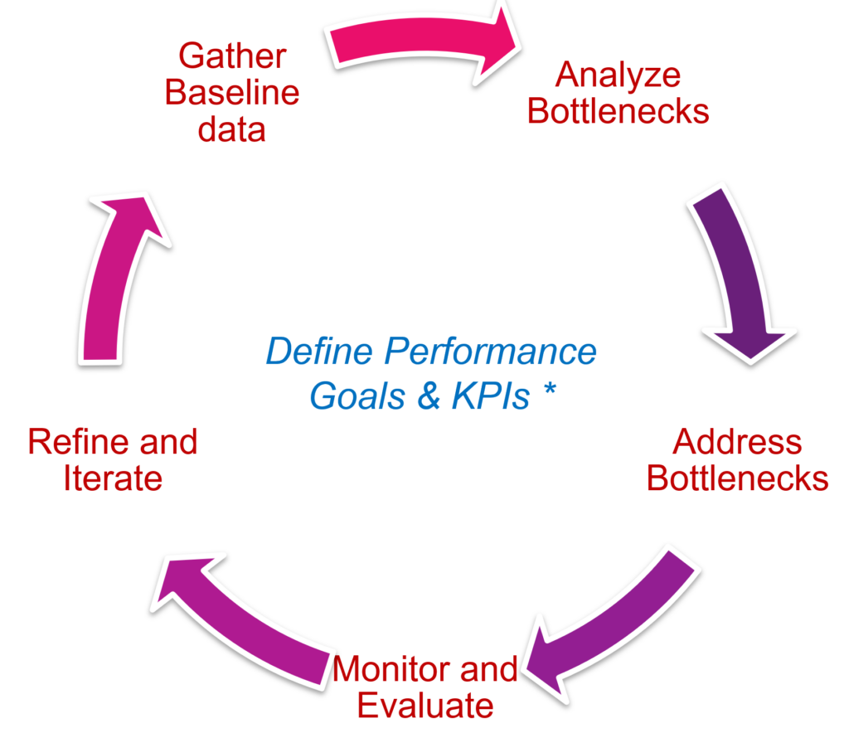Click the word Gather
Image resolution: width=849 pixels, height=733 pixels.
233,57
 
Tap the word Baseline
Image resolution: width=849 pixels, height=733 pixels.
232,93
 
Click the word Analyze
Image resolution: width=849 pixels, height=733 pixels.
618,75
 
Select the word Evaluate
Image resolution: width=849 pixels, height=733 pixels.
424,706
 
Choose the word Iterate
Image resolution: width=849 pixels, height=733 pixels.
113,478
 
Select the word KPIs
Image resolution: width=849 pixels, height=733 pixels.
490,396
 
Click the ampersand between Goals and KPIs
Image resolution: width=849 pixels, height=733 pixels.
429,396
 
